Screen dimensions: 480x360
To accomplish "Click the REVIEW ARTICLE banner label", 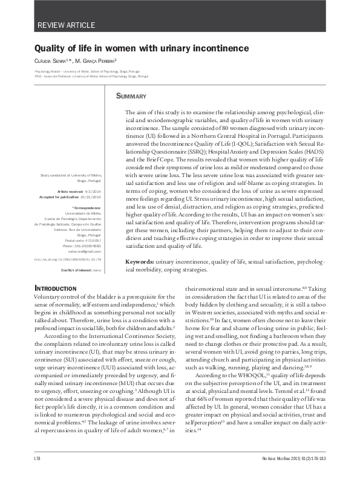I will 67,25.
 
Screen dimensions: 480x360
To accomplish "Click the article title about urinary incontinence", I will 141,47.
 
